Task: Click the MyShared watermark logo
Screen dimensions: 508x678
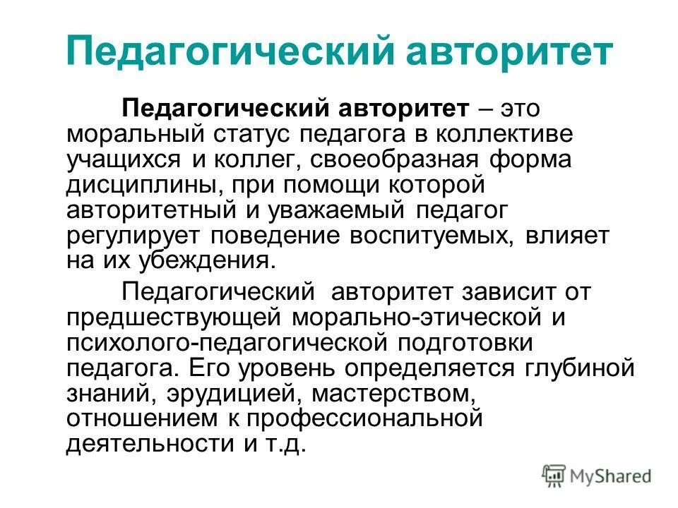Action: click(597, 474)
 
